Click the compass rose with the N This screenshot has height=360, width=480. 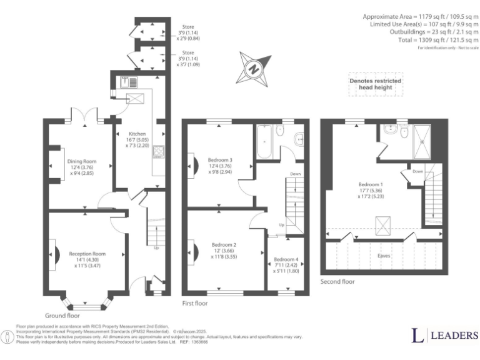click(x=254, y=68)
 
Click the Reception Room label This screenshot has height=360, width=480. click(x=87, y=258)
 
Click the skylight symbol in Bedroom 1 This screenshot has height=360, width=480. click(x=382, y=223)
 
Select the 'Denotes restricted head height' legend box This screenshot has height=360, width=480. click(x=375, y=85)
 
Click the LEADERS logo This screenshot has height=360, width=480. click(x=444, y=336)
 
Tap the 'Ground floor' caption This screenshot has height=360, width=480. click(x=64, y=316)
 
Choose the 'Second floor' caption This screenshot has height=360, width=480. click(x=337, y=282)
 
